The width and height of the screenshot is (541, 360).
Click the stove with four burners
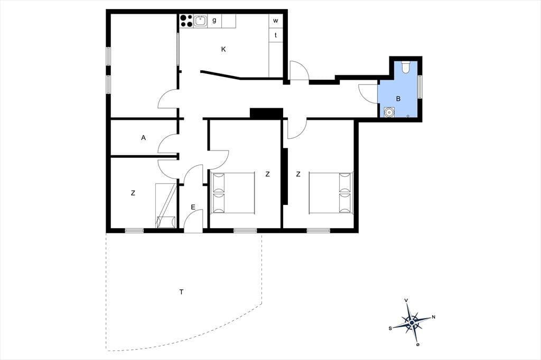(x=186, y=21)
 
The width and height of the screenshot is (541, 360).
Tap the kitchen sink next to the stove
(x=200, y=21)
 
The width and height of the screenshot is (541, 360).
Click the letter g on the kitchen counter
(x=214, y=21)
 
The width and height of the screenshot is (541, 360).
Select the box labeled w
(x=276, y=21)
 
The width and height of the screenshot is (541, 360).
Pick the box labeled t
(x=276, y=35)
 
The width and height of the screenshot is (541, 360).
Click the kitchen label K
(x=223, y=49)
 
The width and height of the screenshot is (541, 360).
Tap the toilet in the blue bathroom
(x=406, y=67)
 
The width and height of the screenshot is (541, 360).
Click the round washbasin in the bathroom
(x=389, y=112)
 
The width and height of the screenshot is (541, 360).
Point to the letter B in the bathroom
(x=398, y=99)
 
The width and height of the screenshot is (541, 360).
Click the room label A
(x=144, y=138)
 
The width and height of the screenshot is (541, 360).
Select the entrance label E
(x=193, y=207)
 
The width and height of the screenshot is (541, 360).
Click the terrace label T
(x=182, y=292)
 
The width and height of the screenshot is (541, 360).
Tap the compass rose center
(x=412, y=323)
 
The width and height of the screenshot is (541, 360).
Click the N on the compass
(x=434, y=317)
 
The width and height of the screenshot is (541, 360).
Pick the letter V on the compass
(x=406, y=301)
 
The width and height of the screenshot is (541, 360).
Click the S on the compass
(x=390, y=328)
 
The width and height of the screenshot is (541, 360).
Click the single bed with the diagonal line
(x=165, y=206)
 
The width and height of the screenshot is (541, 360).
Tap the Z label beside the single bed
(x=133, y=193)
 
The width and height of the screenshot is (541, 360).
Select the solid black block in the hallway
(x=266, y=113)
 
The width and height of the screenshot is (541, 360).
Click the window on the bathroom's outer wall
(x=420, y=87)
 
